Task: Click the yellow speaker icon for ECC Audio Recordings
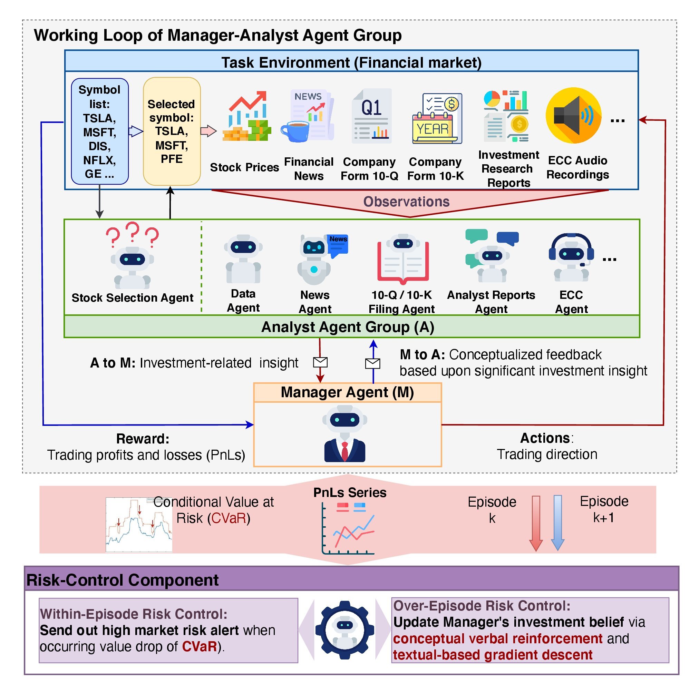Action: (573, 115)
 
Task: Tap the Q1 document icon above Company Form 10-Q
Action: (371, 116)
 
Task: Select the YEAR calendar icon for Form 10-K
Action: (437, 118)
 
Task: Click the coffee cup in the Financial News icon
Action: (295, 131)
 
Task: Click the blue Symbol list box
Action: (99, 131)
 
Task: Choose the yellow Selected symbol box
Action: (172, 131)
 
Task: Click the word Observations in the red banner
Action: (406, 202)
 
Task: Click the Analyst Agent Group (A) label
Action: (347, 327)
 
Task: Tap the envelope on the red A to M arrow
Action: (320, 362)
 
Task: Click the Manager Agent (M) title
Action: (347, 392)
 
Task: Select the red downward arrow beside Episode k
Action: (536, 523)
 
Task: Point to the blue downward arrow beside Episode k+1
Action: (557, 523)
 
